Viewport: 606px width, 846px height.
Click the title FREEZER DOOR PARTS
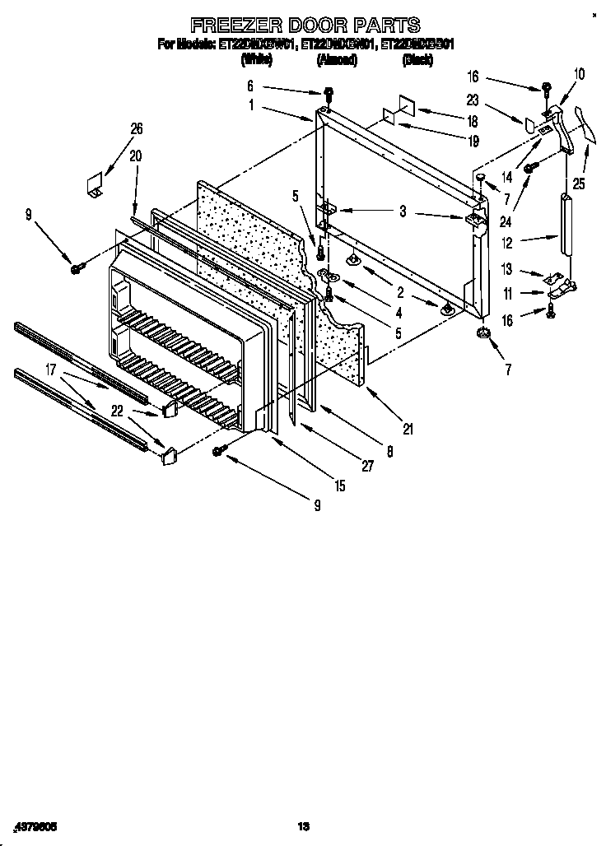305,25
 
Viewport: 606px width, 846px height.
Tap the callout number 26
137,128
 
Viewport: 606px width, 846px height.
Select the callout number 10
579,75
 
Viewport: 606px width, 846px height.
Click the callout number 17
51,371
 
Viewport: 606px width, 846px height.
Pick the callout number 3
403,211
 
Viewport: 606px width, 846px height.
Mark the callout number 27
367,466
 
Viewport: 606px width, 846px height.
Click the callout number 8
389,450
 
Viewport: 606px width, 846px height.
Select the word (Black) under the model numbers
417,60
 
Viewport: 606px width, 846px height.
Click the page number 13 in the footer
302,825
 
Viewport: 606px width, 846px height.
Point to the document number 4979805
36,825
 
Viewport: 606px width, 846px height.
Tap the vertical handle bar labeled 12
566,225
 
